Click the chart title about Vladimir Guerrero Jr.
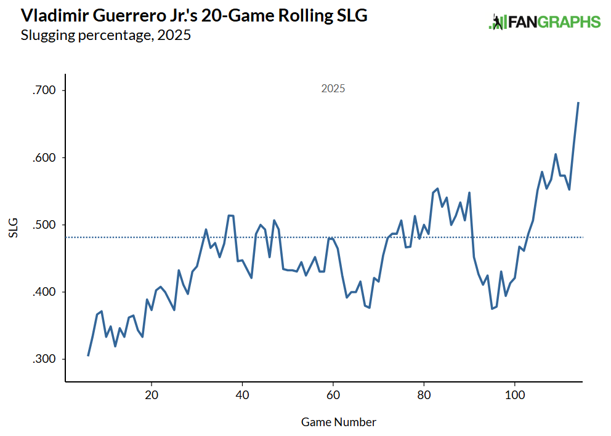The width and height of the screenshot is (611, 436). tap(194, 16)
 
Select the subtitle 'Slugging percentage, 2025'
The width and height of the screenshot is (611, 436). tap(106, 36)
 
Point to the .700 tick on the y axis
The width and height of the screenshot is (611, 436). tap(44, 90)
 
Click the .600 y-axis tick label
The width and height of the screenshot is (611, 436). tap(44, 157)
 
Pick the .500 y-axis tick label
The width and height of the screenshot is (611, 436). tap(44, 224)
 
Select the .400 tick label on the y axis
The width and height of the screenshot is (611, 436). tap(44, 291)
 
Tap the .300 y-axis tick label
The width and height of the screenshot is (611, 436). tap(44, 359)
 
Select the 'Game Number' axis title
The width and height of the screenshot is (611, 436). tap(338, 422)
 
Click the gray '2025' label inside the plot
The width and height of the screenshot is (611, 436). tap(333, 89)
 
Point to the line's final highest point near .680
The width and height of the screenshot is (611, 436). tap(578, 103)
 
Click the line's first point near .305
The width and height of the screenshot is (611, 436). tap(88, 355)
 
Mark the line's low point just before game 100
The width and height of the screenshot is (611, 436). tap(492, 308)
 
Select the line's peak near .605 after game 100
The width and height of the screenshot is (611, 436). tap(556, 154)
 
